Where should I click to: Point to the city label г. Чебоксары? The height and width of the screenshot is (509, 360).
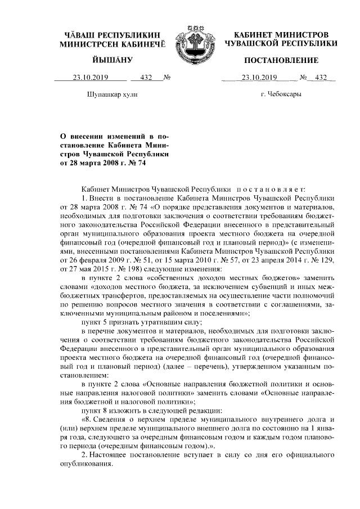(281, 94)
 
